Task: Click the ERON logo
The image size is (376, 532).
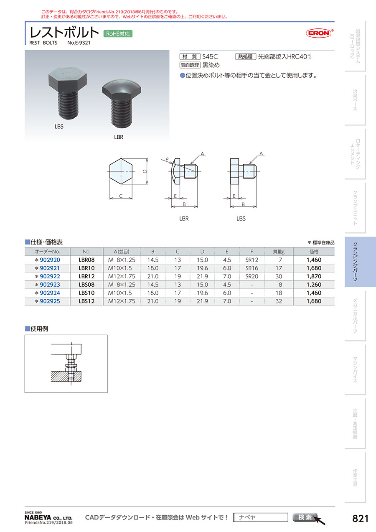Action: (x=319, y=33)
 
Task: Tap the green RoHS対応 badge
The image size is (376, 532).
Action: (x=118, y=34)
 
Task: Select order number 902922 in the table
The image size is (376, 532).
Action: (x=50, y=276)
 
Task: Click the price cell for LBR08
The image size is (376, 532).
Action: (x=314, y=260)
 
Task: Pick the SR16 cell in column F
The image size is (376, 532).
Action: (x=252, y=268)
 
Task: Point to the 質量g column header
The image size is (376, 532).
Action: (x=279, y=252)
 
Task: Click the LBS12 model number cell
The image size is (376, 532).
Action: (x=86, y=301)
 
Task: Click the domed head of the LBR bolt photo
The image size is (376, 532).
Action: (x=122, y=90)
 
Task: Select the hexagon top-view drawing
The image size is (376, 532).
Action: (x=121, y=171)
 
